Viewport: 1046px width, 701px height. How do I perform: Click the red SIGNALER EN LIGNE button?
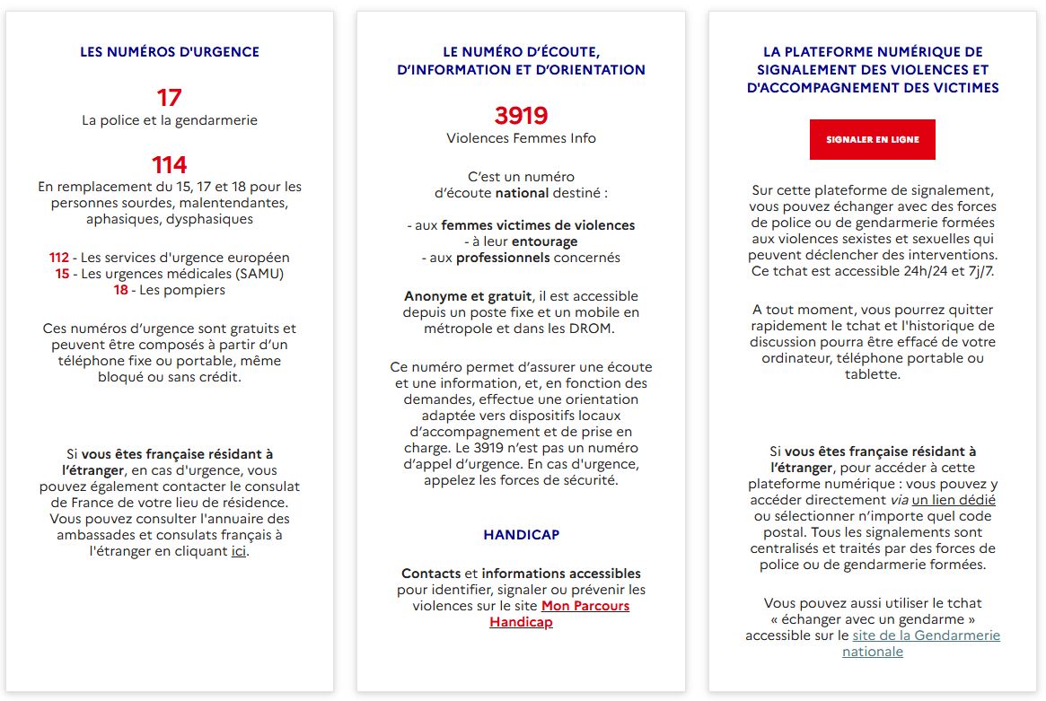tap(872, 140)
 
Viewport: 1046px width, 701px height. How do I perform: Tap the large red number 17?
tap(169, 97)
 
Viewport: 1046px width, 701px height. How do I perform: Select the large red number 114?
tap(169, 164)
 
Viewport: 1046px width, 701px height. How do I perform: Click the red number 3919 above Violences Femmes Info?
tap(521, 116)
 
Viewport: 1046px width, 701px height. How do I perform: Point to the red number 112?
tap(59, 258)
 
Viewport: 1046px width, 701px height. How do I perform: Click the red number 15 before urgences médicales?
tap(62, 274)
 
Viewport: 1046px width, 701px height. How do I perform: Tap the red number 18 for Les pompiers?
tap(120, 290)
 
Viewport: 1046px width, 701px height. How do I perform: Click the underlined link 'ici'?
tap(238, 551)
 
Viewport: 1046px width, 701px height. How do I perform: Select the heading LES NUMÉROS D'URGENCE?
tap(170, 52)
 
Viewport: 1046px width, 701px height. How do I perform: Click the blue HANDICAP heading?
tap(521, 535)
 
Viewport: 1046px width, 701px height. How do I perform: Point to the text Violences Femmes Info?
tap(521, 138)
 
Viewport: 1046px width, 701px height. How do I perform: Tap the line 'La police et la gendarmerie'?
tap(170, 120)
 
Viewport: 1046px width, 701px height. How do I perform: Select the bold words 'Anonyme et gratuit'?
tap(467, 296)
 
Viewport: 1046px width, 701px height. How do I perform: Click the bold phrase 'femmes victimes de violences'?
tap(538, 225)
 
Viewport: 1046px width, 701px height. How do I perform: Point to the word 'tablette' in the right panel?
tap(873, 374)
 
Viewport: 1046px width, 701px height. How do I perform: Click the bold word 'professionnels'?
tap(503, 258)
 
